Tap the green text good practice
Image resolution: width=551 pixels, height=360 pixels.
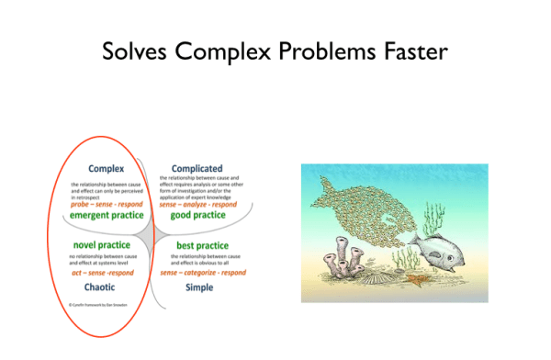tap(197, 215)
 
